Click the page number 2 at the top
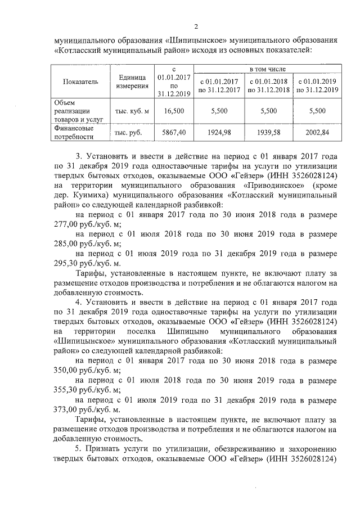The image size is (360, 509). [x=196, y=26]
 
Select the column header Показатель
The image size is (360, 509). [x=80, y=82]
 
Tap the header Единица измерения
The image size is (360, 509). [x=133, y=82]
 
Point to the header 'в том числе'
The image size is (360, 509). [x=267, y=68]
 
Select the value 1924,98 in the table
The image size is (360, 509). [x=219, y=132]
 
